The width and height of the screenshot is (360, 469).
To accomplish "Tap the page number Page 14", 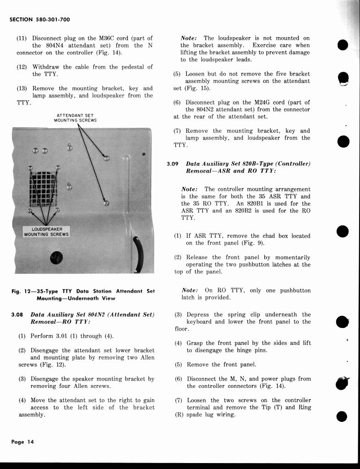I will point(22,442).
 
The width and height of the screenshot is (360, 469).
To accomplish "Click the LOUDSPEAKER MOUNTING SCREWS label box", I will point(46,232).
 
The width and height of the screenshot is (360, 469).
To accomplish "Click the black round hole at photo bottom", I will point(57,258).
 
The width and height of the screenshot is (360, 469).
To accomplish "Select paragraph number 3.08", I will point(18,315).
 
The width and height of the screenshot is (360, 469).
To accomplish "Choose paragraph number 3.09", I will point(172,164).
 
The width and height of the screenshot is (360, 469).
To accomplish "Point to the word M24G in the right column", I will point(262,103).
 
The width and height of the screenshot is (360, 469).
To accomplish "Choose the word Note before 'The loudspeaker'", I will point(189,38).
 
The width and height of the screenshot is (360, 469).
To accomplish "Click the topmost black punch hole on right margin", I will point(343,45).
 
